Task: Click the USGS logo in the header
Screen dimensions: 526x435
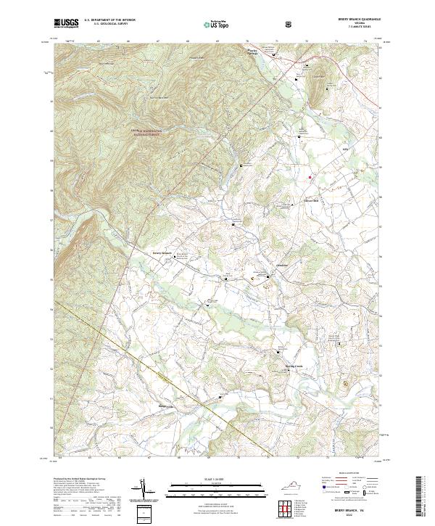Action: pos(65,22)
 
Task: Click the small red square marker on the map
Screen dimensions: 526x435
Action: pos(310,177)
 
